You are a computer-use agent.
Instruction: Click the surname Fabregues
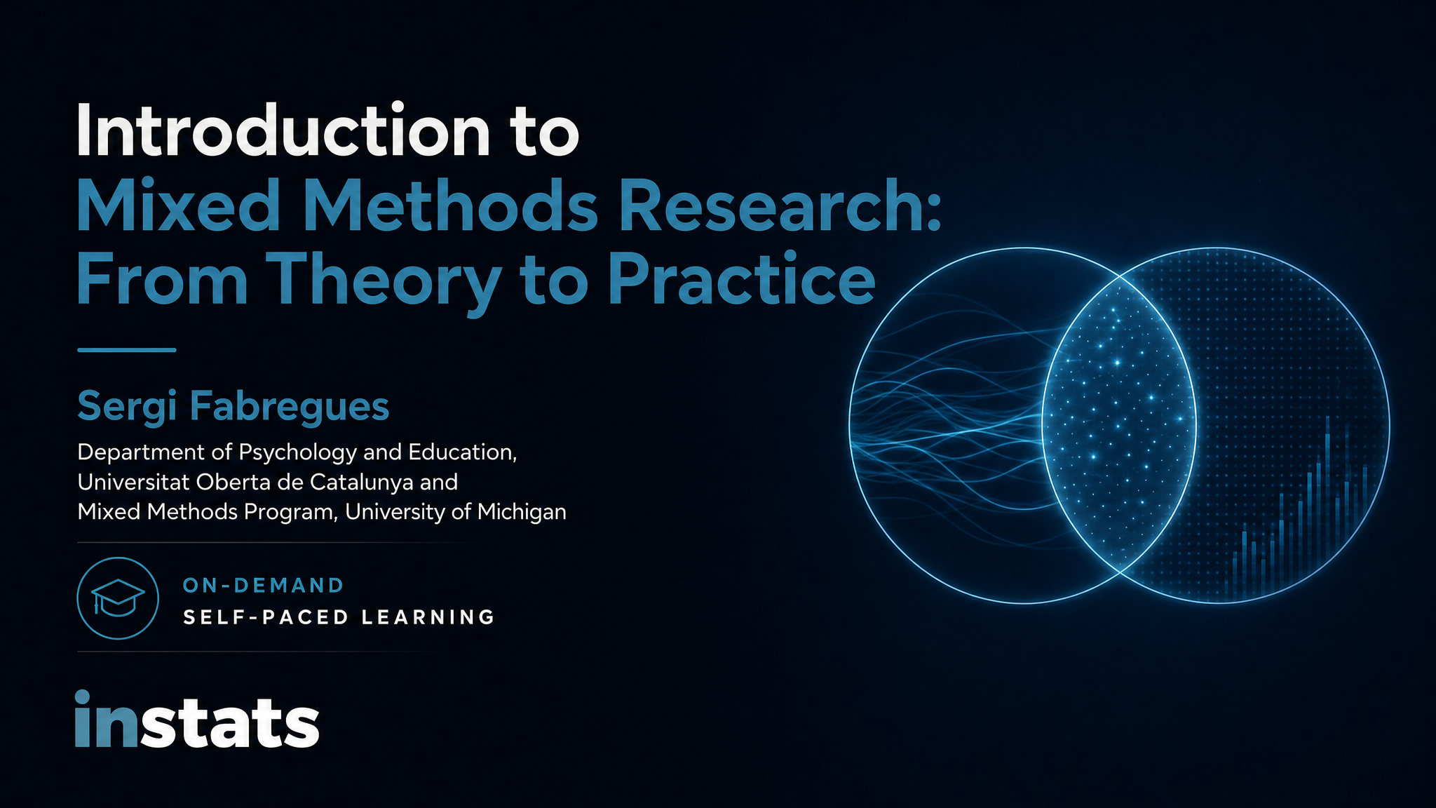point(290,407)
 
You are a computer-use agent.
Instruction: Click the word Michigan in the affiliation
point(522,513)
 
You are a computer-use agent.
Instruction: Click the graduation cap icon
point(118,598)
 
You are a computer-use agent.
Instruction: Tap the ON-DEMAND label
point(263,585)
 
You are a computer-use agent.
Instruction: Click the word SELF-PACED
point(266,617)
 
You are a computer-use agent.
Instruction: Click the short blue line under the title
point(126,349)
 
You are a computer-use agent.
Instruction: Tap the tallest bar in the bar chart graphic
point(1327,509)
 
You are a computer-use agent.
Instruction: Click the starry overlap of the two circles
point(1119,425)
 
